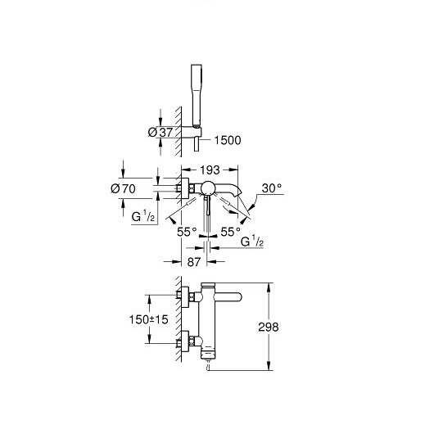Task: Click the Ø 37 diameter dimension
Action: click(x=160, y=132)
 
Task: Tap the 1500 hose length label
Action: click(x=228, y=140)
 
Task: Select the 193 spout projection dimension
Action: click(x=210, y=170)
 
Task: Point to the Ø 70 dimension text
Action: click(x=123, y=189)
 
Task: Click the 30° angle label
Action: click(x=272, y=188)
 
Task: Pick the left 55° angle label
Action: click(x=187, y=232)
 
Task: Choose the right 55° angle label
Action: click(x=231, y=232)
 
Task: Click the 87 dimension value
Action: click(x=194, y=262)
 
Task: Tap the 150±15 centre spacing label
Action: click(x=149, y=319)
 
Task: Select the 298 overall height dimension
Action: click(x=269, y=327)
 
